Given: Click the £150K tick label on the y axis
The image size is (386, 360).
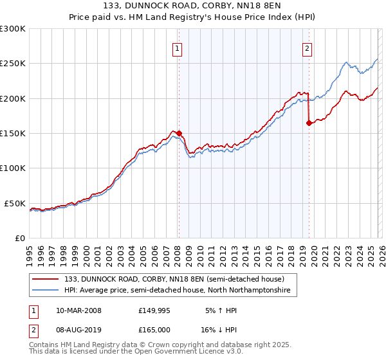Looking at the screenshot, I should (13, 133).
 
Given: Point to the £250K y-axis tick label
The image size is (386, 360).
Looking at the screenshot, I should (13, 64).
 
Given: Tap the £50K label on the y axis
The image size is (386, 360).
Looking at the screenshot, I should (15, 203).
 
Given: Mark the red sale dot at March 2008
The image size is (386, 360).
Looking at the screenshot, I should (179, 134).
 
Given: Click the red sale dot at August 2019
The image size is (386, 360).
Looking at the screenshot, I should (309, 123).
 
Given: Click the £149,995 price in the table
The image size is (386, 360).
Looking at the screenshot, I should (155, 310).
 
